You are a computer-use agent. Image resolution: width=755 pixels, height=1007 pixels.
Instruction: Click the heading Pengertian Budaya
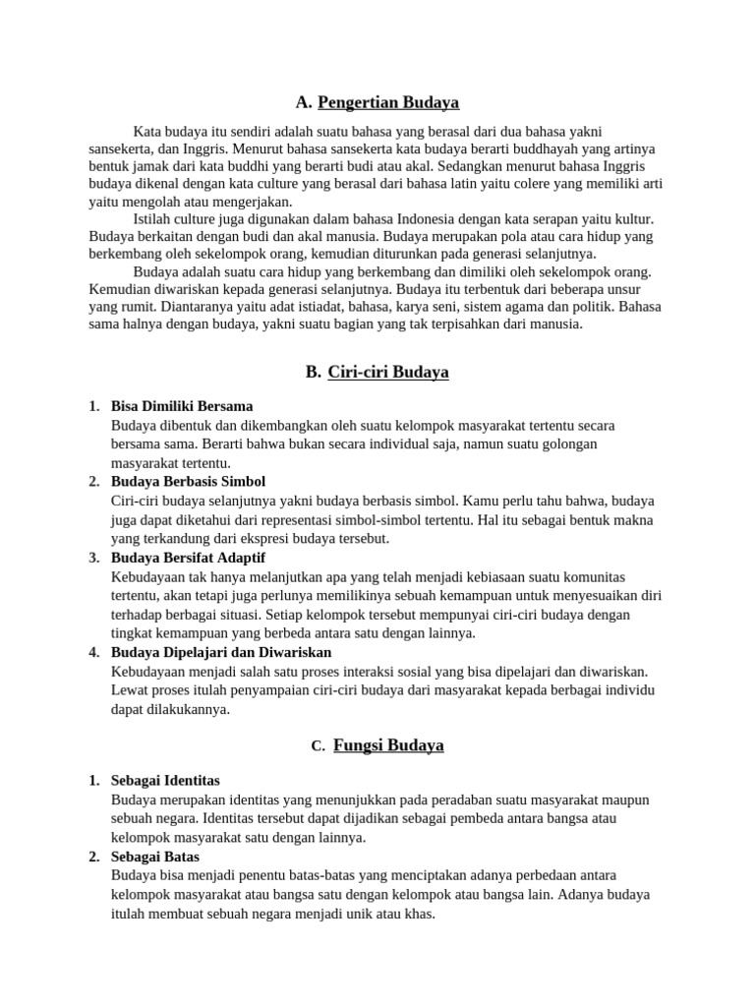388,102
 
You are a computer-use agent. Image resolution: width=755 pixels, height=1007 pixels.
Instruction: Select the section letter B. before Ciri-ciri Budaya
313,372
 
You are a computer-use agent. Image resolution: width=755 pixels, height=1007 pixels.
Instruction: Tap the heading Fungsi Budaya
388,745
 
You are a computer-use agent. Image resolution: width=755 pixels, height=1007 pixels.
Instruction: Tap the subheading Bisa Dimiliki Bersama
182,406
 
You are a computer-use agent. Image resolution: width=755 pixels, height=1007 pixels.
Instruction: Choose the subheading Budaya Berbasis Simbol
189,482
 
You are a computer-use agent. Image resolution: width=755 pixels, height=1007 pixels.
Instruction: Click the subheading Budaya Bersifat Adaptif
188,558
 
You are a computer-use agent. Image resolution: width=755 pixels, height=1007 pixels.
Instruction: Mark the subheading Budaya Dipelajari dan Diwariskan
221,652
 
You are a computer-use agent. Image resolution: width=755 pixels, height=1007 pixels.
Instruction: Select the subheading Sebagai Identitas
165,781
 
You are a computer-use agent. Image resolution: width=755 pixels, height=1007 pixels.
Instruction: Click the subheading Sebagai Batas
155,857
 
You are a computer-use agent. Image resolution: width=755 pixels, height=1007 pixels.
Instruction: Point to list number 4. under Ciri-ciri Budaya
93,652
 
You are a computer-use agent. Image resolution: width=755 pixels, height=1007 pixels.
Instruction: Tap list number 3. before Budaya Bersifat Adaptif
93,558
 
